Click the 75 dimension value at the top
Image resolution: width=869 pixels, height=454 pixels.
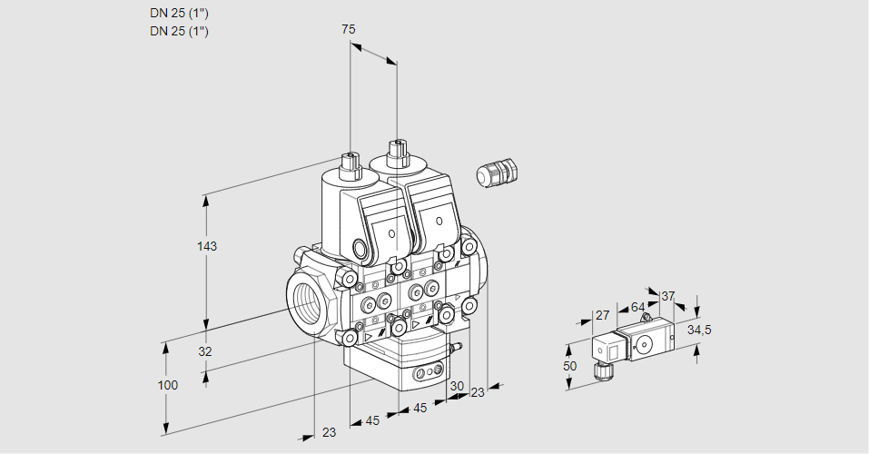[348, 30]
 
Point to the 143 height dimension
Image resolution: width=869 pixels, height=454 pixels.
[208, 246]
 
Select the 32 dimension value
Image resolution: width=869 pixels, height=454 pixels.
[204, 351]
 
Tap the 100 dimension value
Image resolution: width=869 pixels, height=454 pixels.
[167, 385]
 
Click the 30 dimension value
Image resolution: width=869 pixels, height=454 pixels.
[456, 385]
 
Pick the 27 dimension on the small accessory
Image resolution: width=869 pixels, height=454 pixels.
[601, 315]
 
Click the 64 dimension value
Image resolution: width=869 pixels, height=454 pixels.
[637, 307]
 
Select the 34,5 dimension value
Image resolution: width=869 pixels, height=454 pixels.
[699, 330]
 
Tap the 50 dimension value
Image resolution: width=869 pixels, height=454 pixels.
[569, 366]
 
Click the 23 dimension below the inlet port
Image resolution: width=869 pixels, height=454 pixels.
[329, 432]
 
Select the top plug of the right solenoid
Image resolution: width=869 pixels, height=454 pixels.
[396, 151]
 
